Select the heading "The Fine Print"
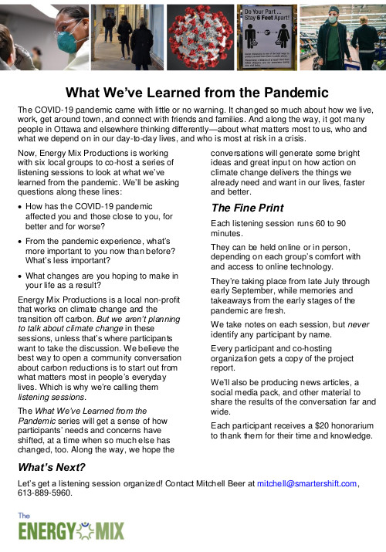[x=247, y=208]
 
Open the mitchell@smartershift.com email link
[x=306, y=483]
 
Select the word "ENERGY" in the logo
[x=49, y=532]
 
